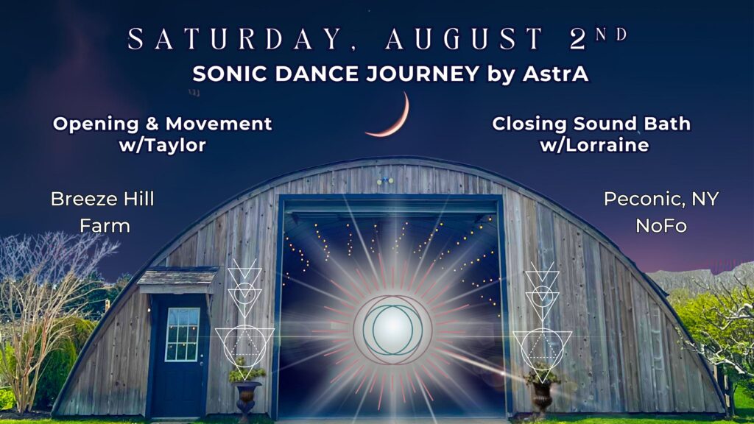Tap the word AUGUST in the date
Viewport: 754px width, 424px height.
[464, 38]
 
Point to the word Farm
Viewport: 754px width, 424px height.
[105, 225]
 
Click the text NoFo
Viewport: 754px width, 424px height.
[661, 225]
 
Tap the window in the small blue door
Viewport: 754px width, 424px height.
[183, 335]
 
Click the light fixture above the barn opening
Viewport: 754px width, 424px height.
[386, 181]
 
